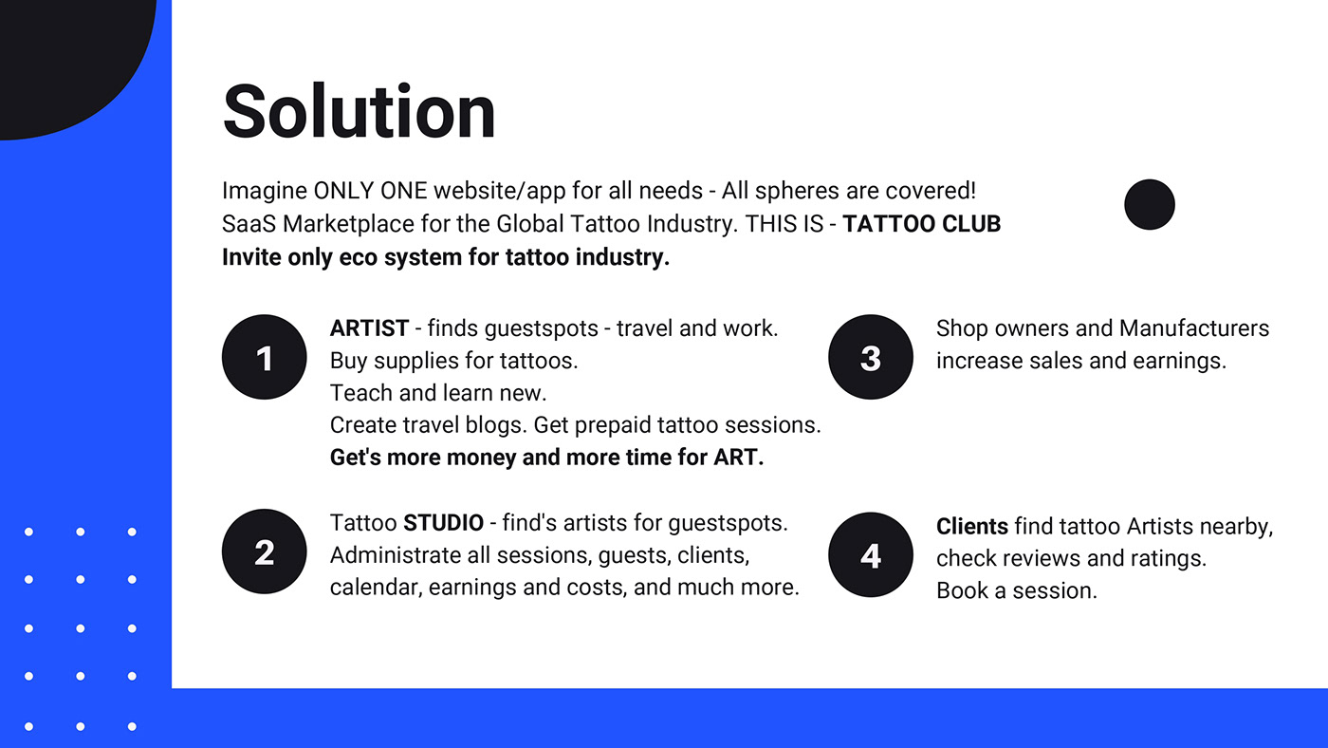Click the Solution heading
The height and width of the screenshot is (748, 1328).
coord(359,111)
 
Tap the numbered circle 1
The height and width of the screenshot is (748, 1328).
coord(265,357)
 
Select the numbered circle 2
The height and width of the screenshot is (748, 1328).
coord(265,552)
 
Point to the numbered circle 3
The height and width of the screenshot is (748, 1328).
coord(871,357)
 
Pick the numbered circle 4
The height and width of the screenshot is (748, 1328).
coord(871,554)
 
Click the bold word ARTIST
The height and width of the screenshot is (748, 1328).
coord(369,328)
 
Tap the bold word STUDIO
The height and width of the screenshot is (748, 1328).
coord(444,523)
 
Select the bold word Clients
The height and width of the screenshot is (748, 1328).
coord(972,527)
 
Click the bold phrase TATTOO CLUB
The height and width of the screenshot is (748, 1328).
coord(922,224)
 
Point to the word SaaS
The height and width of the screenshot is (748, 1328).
coord(249,224)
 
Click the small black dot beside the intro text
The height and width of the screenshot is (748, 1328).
coord(1150,205)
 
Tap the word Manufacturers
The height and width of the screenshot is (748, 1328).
coord(1194,328)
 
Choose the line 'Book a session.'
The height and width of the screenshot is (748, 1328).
coord(1017,590)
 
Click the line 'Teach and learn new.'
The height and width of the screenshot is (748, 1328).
coord(438,393)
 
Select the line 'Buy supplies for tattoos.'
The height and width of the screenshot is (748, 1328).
coord(454,361)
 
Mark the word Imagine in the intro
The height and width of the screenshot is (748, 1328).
coord(265,191)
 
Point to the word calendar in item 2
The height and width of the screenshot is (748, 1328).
coord(377,588)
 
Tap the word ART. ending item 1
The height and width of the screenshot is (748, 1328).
coord(739,458)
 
